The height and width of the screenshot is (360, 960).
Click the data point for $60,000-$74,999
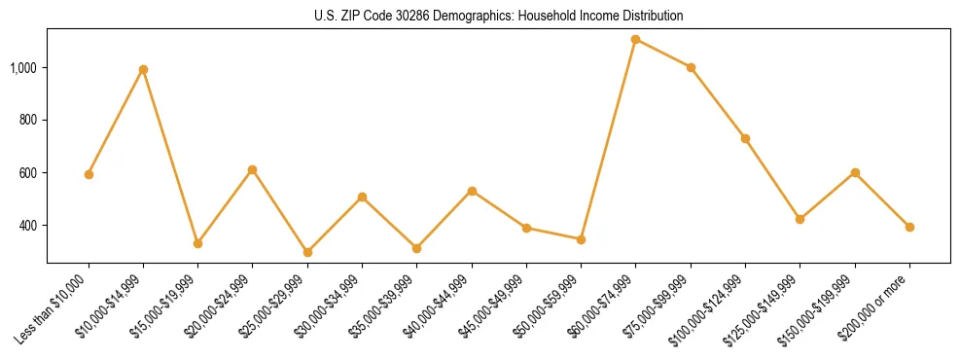[x=635, y=39]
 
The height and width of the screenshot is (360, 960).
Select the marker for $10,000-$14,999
[x=143, y=69]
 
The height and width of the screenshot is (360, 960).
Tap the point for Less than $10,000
[x=89, y=174]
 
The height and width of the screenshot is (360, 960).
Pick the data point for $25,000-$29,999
[x=307, y=252]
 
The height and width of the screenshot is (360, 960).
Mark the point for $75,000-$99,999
[x=691, y=67]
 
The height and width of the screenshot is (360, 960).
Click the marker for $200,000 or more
[x=909, y=227]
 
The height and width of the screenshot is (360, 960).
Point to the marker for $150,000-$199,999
[x=855, y=172]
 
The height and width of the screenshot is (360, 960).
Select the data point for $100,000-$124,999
[x=745, y=138]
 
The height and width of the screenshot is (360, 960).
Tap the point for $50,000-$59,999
[x=581, y=238]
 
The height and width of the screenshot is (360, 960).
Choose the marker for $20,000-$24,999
[x=253, y=169]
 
